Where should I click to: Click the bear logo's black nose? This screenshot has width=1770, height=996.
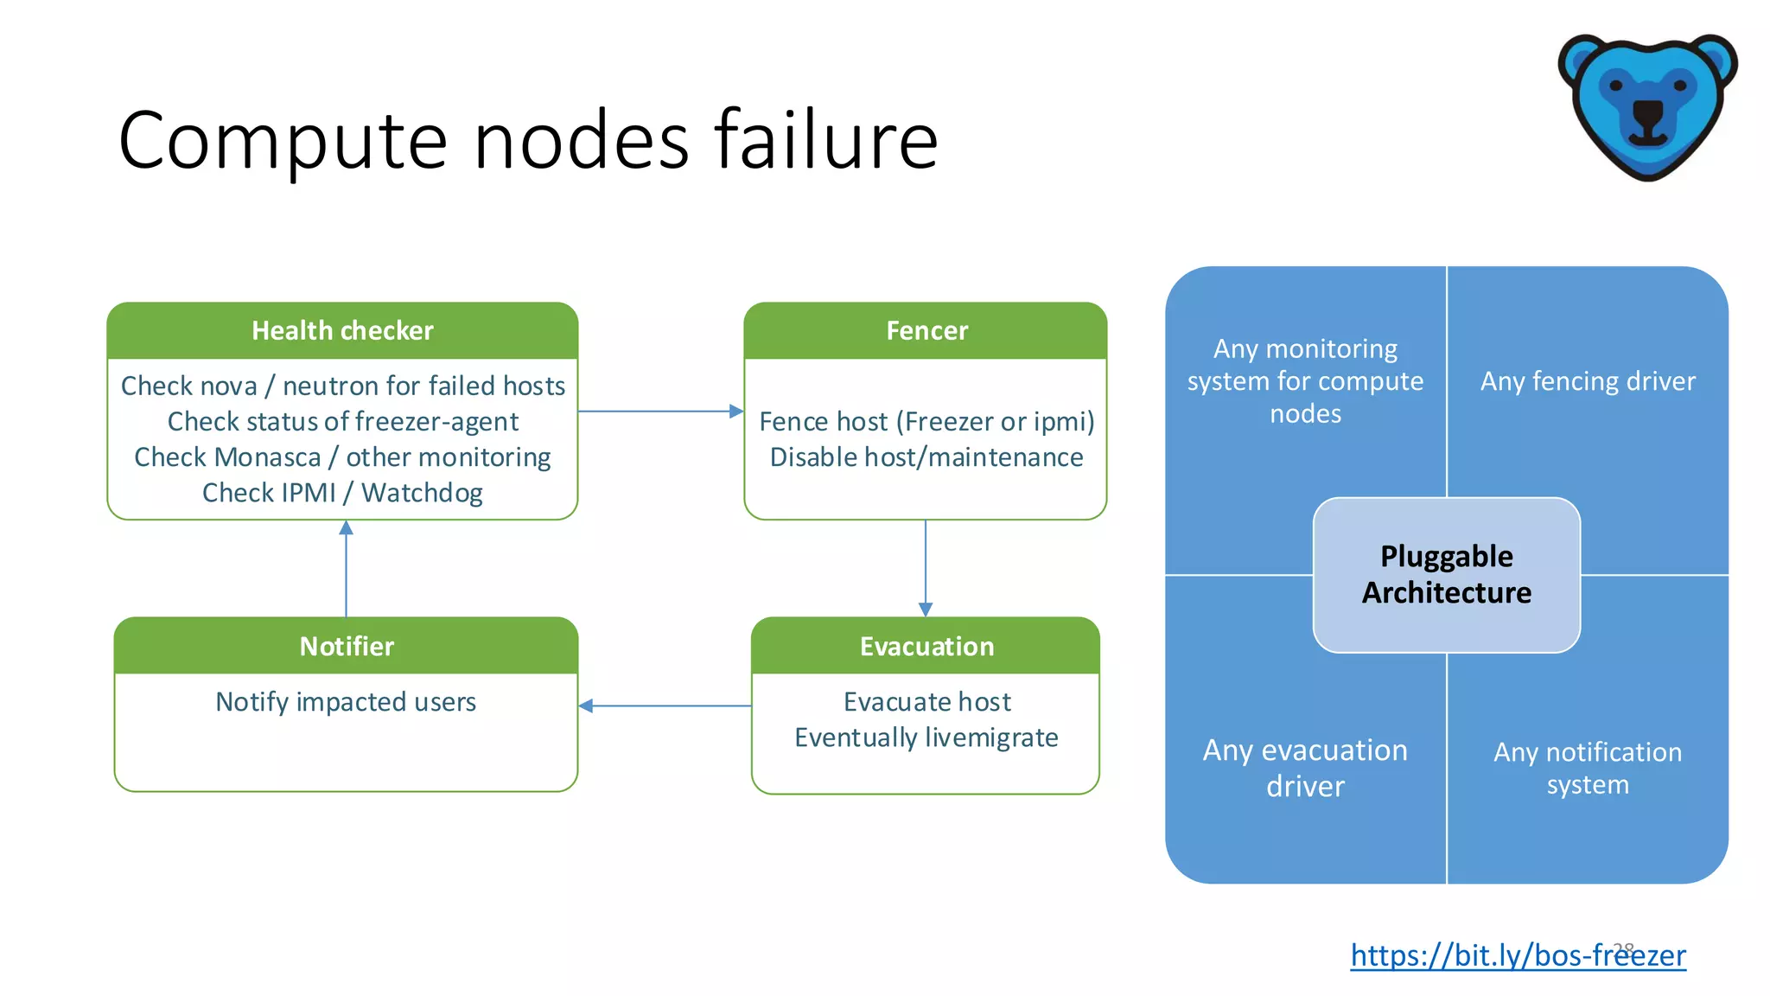(x=1647, y=113)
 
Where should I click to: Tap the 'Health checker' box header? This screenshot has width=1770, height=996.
(x=342, y=330)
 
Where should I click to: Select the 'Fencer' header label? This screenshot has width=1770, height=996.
(x=926, y=330)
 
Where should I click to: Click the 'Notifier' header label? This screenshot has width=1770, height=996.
(x=347, y=646)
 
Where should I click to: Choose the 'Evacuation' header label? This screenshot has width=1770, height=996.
(x=926, y=646)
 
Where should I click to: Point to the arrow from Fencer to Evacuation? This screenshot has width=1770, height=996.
(x=926, y=567)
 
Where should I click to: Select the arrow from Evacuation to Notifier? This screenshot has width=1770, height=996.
(x=665, y=706)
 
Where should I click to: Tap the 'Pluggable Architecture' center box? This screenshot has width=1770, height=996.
(x=1447, y=574)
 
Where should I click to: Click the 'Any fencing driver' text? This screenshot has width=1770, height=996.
(x=1588, y=381)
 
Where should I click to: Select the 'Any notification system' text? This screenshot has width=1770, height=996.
(x=1588, y=768)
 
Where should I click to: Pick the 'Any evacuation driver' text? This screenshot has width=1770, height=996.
(x=1305, y=768)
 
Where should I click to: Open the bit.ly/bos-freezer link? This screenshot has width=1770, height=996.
(x=1518, y=955)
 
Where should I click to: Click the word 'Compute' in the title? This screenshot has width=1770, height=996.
(x=283, y=141)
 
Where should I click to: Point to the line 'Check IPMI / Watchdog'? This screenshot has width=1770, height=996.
(x=342, y=493)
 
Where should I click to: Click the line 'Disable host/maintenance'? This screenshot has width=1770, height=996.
(x=926, y=457)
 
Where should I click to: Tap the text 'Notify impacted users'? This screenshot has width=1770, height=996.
(x=346, y=702)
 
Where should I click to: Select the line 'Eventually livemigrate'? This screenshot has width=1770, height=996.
(x=926, y=737)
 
